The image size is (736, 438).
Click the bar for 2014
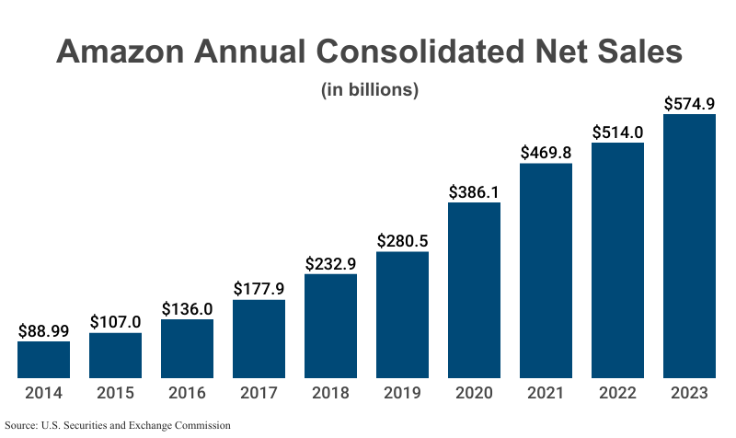43,359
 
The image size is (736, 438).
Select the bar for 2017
259,339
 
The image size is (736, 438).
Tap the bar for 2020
474,290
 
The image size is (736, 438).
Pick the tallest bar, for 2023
689,246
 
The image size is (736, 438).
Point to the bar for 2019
402,315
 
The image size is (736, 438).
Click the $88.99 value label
43,330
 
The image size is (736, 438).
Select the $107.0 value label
115,322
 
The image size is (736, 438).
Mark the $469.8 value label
546,152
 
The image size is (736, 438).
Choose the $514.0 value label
617,132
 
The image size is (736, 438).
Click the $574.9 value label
689,103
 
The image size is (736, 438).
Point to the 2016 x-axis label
187,393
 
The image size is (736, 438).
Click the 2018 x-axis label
330,393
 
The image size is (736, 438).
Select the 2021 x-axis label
546,393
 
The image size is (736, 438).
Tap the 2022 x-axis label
617,393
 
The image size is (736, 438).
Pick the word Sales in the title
635,51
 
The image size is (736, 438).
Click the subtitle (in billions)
369,90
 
